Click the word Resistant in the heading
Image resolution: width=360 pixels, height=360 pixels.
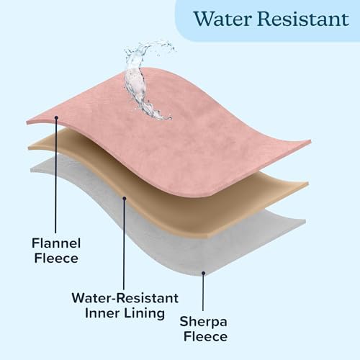pyautogui.click(x=304, y=19)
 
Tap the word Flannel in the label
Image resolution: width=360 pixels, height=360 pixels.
pyautogui.click(x=56, y=243)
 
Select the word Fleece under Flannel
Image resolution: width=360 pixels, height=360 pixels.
pyautogui.click(x=56, y=258)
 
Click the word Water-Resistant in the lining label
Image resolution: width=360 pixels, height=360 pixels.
pyautogui.click(x=125, y=298)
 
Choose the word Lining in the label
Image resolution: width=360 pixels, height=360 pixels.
pyautogui.click(x=145, y=314)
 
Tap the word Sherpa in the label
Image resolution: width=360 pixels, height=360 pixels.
pyautogui.click(x=203, y=322)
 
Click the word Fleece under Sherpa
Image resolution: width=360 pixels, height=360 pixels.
pyautogui.click(x=205, y=336)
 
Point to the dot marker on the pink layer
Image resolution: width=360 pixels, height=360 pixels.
pyautogui.click(x=56, y=117)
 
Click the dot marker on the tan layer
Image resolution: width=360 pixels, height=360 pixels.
pyautogui.click(x=125, y=198)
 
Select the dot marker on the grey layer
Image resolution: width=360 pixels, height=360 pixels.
pyautogui.click(x=203, y=273)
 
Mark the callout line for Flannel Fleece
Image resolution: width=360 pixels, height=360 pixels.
pyautogui.click(x=56, y=175)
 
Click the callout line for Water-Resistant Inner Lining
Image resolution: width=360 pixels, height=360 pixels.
pyautogui.click(x=124, y=244)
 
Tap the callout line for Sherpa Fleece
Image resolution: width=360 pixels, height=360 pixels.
pyautogui.click(x=203, y=292)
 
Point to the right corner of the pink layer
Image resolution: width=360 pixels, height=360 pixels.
pyautogui.click(x=310, y=142)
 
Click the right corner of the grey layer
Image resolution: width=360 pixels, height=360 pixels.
pyautogui.click(x=305, y=221)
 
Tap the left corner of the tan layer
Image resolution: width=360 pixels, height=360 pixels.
pyautogui.click(x=29, y=148)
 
